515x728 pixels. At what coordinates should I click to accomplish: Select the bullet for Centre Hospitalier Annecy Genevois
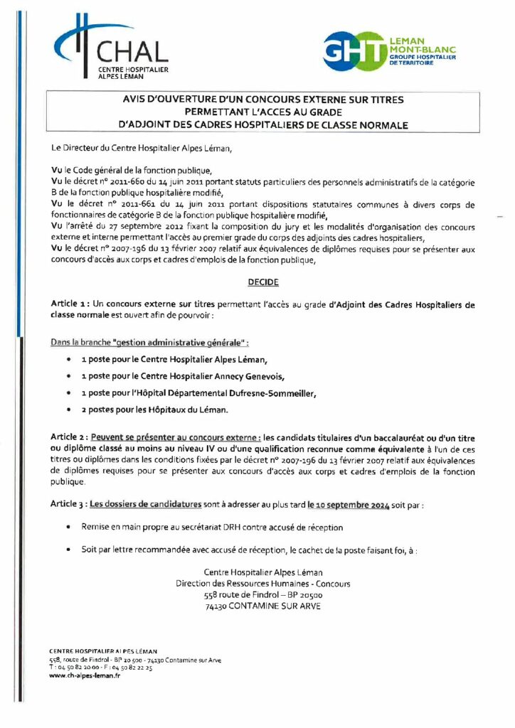tap(68, 376)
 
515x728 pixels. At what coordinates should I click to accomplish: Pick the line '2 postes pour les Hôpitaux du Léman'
tap(154, 410)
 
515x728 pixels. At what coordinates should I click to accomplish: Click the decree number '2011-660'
tap(126, 183)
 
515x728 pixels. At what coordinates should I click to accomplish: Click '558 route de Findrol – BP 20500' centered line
tap(262, 595)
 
